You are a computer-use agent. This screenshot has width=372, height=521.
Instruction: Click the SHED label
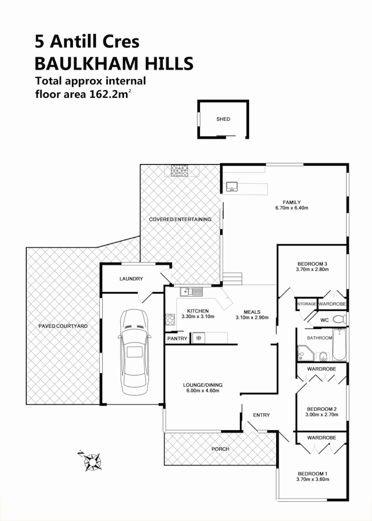223,119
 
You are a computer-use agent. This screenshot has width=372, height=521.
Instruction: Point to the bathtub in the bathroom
340,344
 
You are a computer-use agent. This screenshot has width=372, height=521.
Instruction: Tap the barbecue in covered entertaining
179,171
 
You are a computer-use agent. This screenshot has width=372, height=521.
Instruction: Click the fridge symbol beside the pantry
198,338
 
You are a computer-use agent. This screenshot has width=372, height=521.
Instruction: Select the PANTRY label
177,339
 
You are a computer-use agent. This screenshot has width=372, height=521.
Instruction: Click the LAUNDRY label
131,279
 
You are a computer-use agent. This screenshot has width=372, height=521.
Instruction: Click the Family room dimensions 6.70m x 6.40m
292,208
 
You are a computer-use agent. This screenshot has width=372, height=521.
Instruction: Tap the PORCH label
221,449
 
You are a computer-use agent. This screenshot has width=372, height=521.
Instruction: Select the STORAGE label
306,304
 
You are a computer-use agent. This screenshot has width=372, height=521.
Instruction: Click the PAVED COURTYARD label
63,326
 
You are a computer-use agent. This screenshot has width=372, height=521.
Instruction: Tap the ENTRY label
261,415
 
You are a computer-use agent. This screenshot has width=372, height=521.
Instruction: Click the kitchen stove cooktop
171,320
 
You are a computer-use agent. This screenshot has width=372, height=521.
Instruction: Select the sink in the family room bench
232,186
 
